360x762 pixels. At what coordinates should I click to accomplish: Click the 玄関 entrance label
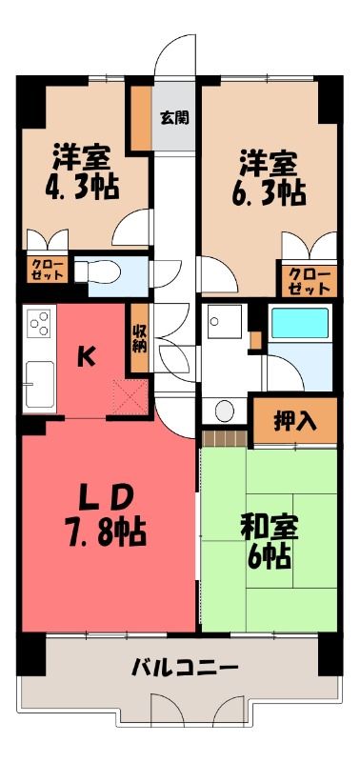[174, 117]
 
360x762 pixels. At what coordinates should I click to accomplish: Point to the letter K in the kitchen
[86, 358]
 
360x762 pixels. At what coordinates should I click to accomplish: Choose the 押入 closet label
[295, 422]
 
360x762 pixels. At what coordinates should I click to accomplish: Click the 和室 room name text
[270, 529]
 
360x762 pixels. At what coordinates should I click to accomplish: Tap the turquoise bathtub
[299, 323]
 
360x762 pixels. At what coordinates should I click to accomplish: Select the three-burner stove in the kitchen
[39, 323]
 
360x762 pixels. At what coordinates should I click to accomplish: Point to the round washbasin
[225, 411]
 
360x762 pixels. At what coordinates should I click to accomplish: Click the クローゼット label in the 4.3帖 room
[47, 270]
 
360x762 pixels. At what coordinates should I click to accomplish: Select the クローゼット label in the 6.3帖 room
[306, 282]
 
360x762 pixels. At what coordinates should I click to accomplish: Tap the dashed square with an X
[130, 397]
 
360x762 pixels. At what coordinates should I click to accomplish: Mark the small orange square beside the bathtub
[256, 341]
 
